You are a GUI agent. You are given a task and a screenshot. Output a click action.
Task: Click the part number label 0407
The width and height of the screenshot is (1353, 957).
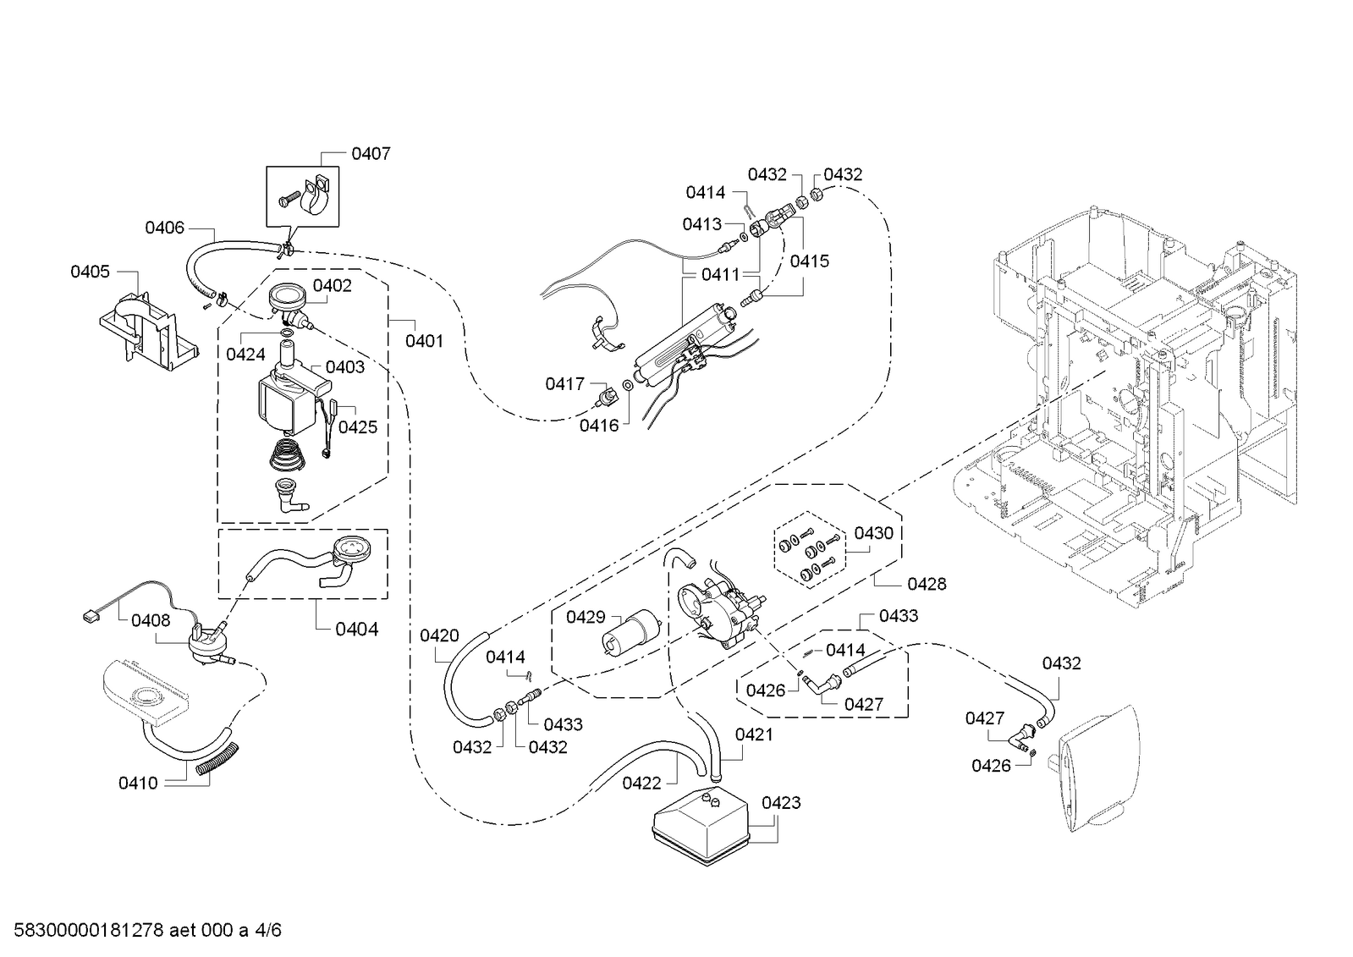(371, 154)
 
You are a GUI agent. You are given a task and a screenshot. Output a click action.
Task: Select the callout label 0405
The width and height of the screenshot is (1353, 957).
(90, 272)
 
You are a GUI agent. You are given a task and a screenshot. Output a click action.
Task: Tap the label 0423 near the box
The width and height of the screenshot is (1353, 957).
(781, 803)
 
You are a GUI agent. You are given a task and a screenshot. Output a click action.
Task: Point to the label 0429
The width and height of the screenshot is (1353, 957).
(586, 617)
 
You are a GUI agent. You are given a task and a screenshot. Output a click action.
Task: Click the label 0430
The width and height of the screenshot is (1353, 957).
(873, 533)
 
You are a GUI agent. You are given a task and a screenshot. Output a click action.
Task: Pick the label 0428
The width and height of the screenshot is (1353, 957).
(927, 584)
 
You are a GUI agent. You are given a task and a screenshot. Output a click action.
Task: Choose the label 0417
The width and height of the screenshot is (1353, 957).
(564, 383)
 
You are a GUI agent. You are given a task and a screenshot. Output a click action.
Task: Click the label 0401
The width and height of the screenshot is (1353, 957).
(424, 341)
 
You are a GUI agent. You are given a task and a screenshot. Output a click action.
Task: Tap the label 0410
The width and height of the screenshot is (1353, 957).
(138, 784)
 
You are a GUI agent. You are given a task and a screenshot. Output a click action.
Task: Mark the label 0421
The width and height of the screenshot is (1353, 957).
(754, 734)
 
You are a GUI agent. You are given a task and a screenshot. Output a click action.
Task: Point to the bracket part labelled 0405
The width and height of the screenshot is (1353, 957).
(149, 332)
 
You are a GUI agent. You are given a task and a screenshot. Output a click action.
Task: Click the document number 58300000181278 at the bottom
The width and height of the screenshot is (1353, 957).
(88, 930)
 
